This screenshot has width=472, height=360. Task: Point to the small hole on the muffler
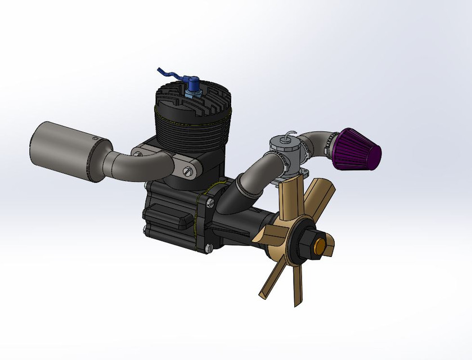click(95, 137)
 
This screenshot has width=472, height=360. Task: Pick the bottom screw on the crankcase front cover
click(209, 247)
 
